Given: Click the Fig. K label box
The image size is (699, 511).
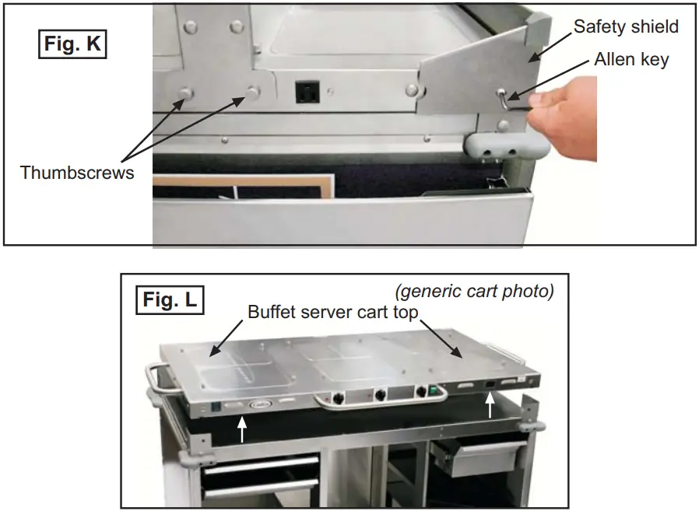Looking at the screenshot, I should (72, 44).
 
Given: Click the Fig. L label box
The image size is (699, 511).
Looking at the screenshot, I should (169, 299).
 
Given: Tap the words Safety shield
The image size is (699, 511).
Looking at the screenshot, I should (626, 26).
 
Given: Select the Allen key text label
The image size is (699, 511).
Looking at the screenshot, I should (631, 59).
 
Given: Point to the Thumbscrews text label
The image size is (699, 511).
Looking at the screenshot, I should (77, 173).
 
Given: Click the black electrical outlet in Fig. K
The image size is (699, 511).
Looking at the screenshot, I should (305, 93).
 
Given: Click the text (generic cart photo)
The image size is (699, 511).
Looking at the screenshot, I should (474, 292).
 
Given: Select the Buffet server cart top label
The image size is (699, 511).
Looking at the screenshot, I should (333, 312).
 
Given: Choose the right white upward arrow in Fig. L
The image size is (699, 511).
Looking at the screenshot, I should (490, 405).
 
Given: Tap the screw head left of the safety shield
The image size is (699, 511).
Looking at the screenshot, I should (411, 91).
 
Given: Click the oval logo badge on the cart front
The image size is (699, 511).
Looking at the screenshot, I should (259, 404).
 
